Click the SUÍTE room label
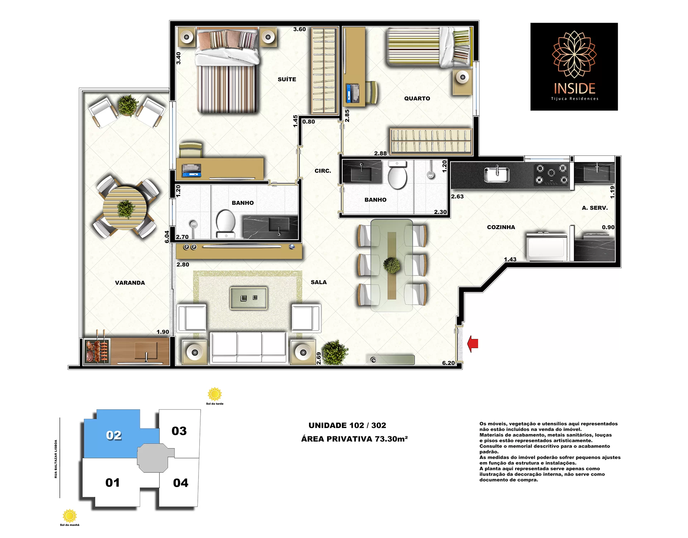tap(287, 79)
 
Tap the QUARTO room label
tap(417, 98)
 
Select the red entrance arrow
tap(473, 344)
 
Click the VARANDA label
tap(130, 283)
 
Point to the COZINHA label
tap(501, 227)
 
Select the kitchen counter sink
tap(497, 175)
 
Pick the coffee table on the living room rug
tap(249, 298)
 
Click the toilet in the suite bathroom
tap(226, 224)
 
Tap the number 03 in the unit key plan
tap(179, 431)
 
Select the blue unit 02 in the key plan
tap(114, 435)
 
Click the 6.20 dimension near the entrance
tap(448, 363)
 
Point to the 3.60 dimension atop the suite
tap(300, 29)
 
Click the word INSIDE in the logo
tap(574, 88)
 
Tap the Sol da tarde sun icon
tap(215, 394)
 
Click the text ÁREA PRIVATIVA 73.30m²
tap(354, 439)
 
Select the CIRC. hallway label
tap(323, 171)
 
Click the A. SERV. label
tap(595, 208)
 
